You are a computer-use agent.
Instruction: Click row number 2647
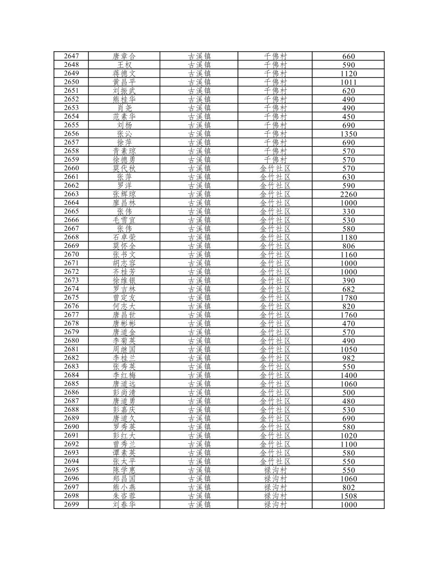[71, 56]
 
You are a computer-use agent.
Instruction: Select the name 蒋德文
[124, 74]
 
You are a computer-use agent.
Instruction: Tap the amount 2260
[348, 194]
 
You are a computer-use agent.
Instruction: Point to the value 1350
[348, 134]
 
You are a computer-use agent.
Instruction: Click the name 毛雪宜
[124, 220]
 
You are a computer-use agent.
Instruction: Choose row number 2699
[71, 505]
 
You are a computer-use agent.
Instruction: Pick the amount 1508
[348, 496]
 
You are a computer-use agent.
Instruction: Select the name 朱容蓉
[124, 496]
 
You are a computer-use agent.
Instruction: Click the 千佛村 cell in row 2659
[275, 160]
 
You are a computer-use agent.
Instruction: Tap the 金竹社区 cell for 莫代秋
[275, 168]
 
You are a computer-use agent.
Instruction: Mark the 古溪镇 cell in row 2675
[199, 298]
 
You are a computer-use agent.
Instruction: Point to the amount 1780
[348, 298]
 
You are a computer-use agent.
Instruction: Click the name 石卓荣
[124, 237]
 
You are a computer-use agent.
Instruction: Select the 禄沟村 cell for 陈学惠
[275, 470]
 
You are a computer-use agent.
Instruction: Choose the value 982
[348, 358]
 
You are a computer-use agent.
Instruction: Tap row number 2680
[71, 341]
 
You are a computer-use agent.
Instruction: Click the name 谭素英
[124, 453]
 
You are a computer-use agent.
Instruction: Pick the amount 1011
[348, 82]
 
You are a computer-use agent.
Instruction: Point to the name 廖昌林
[124, 203]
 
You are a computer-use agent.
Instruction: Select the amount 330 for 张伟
[348, 211]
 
